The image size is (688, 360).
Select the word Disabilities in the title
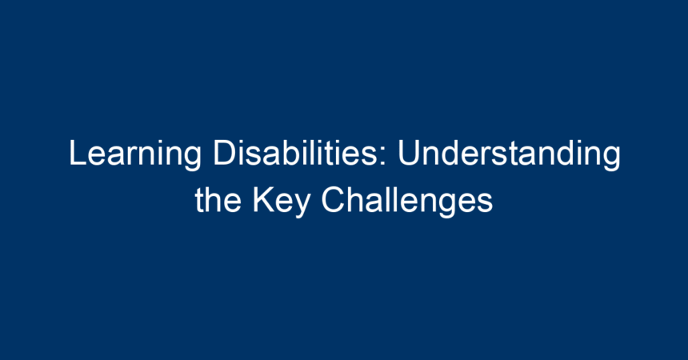coord(295,153)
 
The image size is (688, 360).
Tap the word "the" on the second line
coord(218,200)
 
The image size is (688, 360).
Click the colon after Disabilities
coord(383,157)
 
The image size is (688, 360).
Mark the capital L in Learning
coord(78,153)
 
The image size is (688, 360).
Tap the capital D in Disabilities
coord(225,153)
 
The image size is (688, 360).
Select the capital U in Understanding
coord(409,154)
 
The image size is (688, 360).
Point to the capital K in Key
coord(264,200)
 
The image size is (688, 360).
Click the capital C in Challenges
coord(334,200)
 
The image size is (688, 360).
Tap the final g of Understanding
coord(612,160)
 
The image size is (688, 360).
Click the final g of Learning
coord(193,160)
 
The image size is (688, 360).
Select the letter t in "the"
coord(199,201)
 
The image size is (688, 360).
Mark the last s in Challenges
coord(486,204)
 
